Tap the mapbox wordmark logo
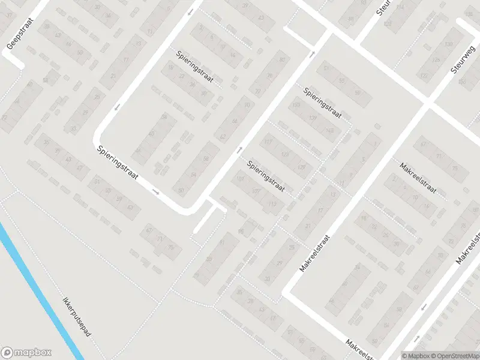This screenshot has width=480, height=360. tap(26, 352)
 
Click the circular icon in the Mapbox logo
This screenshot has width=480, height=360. tap(8, 352)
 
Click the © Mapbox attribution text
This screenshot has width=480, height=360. tap(413, 356)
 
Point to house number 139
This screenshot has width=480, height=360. tap(313, 118)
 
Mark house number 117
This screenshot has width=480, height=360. tap(268, 142)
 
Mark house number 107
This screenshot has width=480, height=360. tap(257, 191)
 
